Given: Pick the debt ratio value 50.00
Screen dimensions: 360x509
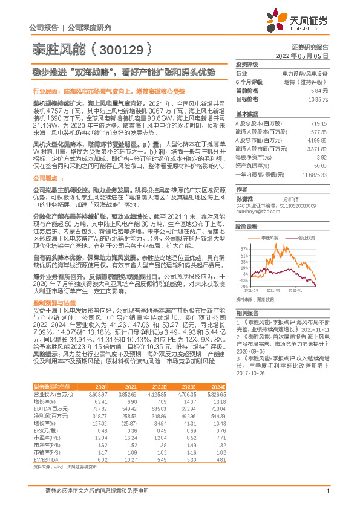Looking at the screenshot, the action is tap(320, 164).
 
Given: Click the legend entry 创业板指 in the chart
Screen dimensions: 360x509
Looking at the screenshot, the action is tap(306, 239).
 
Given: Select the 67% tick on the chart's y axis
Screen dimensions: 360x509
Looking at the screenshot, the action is tap(243, 248).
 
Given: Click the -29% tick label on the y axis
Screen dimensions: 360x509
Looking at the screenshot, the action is tap(243, 286).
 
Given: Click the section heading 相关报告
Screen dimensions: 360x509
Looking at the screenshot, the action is tap(247, 313).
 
